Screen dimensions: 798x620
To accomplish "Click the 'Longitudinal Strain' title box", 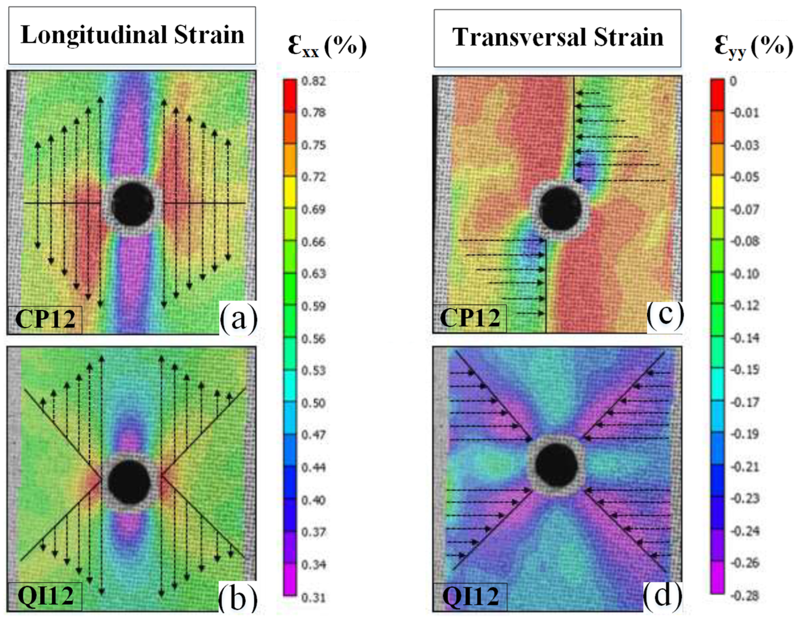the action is [132, 35].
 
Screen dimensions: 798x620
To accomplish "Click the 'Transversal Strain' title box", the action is [558, 38].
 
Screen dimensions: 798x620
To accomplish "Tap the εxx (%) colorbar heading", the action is [327, 47].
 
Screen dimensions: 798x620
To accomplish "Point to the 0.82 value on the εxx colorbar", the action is [313, 81].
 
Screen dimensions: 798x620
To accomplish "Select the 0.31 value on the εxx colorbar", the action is [313, 598].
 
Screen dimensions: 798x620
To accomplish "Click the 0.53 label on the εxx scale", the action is [313, 371].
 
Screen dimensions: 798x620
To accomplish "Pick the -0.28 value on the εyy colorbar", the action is [745, 596].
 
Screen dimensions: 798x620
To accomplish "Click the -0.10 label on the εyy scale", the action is [745, 274].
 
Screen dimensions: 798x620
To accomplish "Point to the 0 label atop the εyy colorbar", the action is [733, 81].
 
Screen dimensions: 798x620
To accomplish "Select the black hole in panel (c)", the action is [560, 208].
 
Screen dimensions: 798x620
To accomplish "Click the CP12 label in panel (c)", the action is [470, 318].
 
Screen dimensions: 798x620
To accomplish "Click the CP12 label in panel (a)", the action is [45, 319].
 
